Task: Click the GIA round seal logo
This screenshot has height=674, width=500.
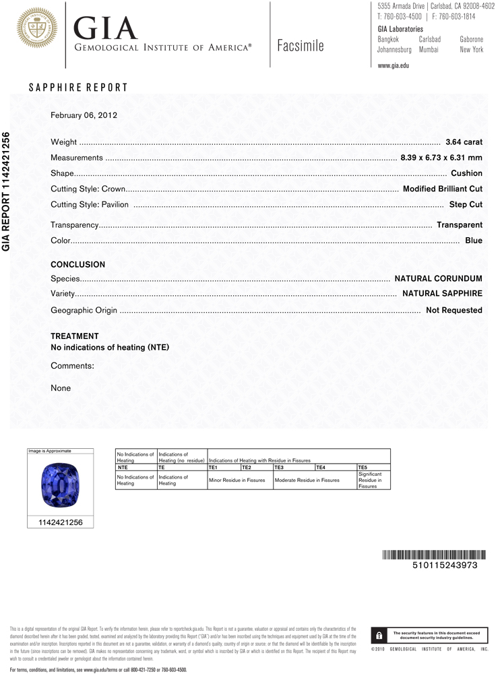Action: pyautogui.click(x=37, y=27)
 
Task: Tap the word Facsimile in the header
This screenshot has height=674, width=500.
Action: pyautogui.click(x=301, y=46)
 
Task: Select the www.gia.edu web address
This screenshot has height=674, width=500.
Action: pyautogui.click(x=394, y=65)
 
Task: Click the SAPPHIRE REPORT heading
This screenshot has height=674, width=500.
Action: pyautogui.click(x=78, y=88)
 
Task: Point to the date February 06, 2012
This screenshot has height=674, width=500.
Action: pyautogui.click(x=84, y=115)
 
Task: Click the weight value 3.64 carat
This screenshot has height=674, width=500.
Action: pyautogui.click(x=464, y=142)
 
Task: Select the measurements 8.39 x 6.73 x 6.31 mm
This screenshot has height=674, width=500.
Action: pyautogui.click(x=441, y=158)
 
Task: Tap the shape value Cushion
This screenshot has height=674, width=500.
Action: pyautogui.click(x=466, y=173)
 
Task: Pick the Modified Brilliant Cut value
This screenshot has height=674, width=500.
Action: pyautogui.click(x=442, y=189)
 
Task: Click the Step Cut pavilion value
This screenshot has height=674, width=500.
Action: pyautogui.click(x=466, y=204)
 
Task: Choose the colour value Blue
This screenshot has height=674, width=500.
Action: pyautogui.click(x=474, y=241)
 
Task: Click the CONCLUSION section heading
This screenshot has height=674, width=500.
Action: pyautogui.click(x=78, y=265)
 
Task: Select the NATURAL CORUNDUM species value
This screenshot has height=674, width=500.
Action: pyautogui.click(x=438, y=278)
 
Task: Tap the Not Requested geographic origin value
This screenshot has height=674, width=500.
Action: pyautogui.click(x=454, y=310)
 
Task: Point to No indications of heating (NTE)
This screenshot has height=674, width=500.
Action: pyautogui.click(x=110, y=348)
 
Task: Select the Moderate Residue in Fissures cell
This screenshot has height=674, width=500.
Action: pyautogui.click(x=307, y=481)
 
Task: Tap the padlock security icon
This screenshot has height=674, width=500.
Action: pyautogui.click(x=379, y=635)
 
